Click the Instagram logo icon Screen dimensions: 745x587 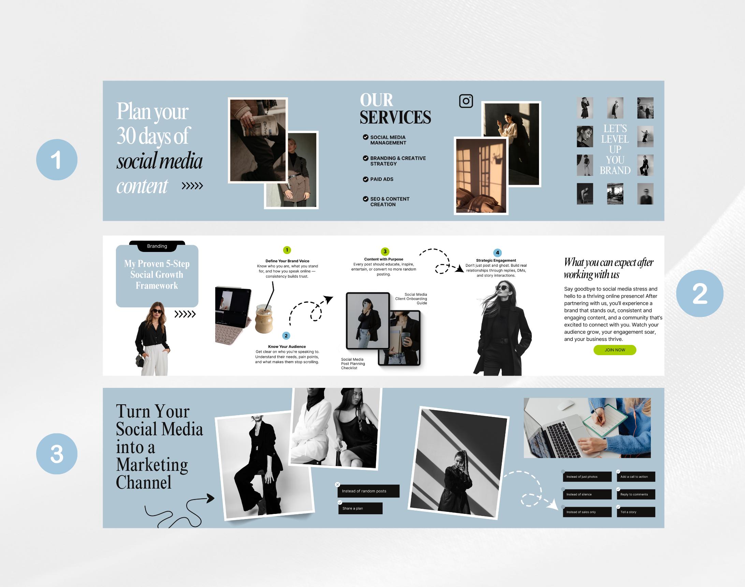(x=466, y=101)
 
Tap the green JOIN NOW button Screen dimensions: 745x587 (x=615, y=350)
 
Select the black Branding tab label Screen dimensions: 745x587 (x=157, y=246)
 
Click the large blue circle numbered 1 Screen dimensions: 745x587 (x=57, y=159)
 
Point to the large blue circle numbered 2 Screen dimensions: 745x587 (x=700, y=293)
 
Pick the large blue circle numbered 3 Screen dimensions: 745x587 (x=57, y=454)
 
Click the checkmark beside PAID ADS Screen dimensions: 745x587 (x=366, y=179)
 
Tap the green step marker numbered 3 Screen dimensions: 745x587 (x=385, y=252)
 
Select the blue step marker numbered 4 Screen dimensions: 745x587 (x=497, y=253)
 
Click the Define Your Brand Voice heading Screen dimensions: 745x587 (x=287, y=261)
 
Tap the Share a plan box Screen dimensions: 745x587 (x=360, y=508)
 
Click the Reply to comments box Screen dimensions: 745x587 (x=636, y=494)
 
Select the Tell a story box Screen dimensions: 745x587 (x=636, y=512)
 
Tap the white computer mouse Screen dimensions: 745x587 (x=566, y=405)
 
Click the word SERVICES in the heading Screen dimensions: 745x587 (x=395, y=117)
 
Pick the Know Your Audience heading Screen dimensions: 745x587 (x=287, y=346)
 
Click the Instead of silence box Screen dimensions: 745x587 (x=587, y=494)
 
